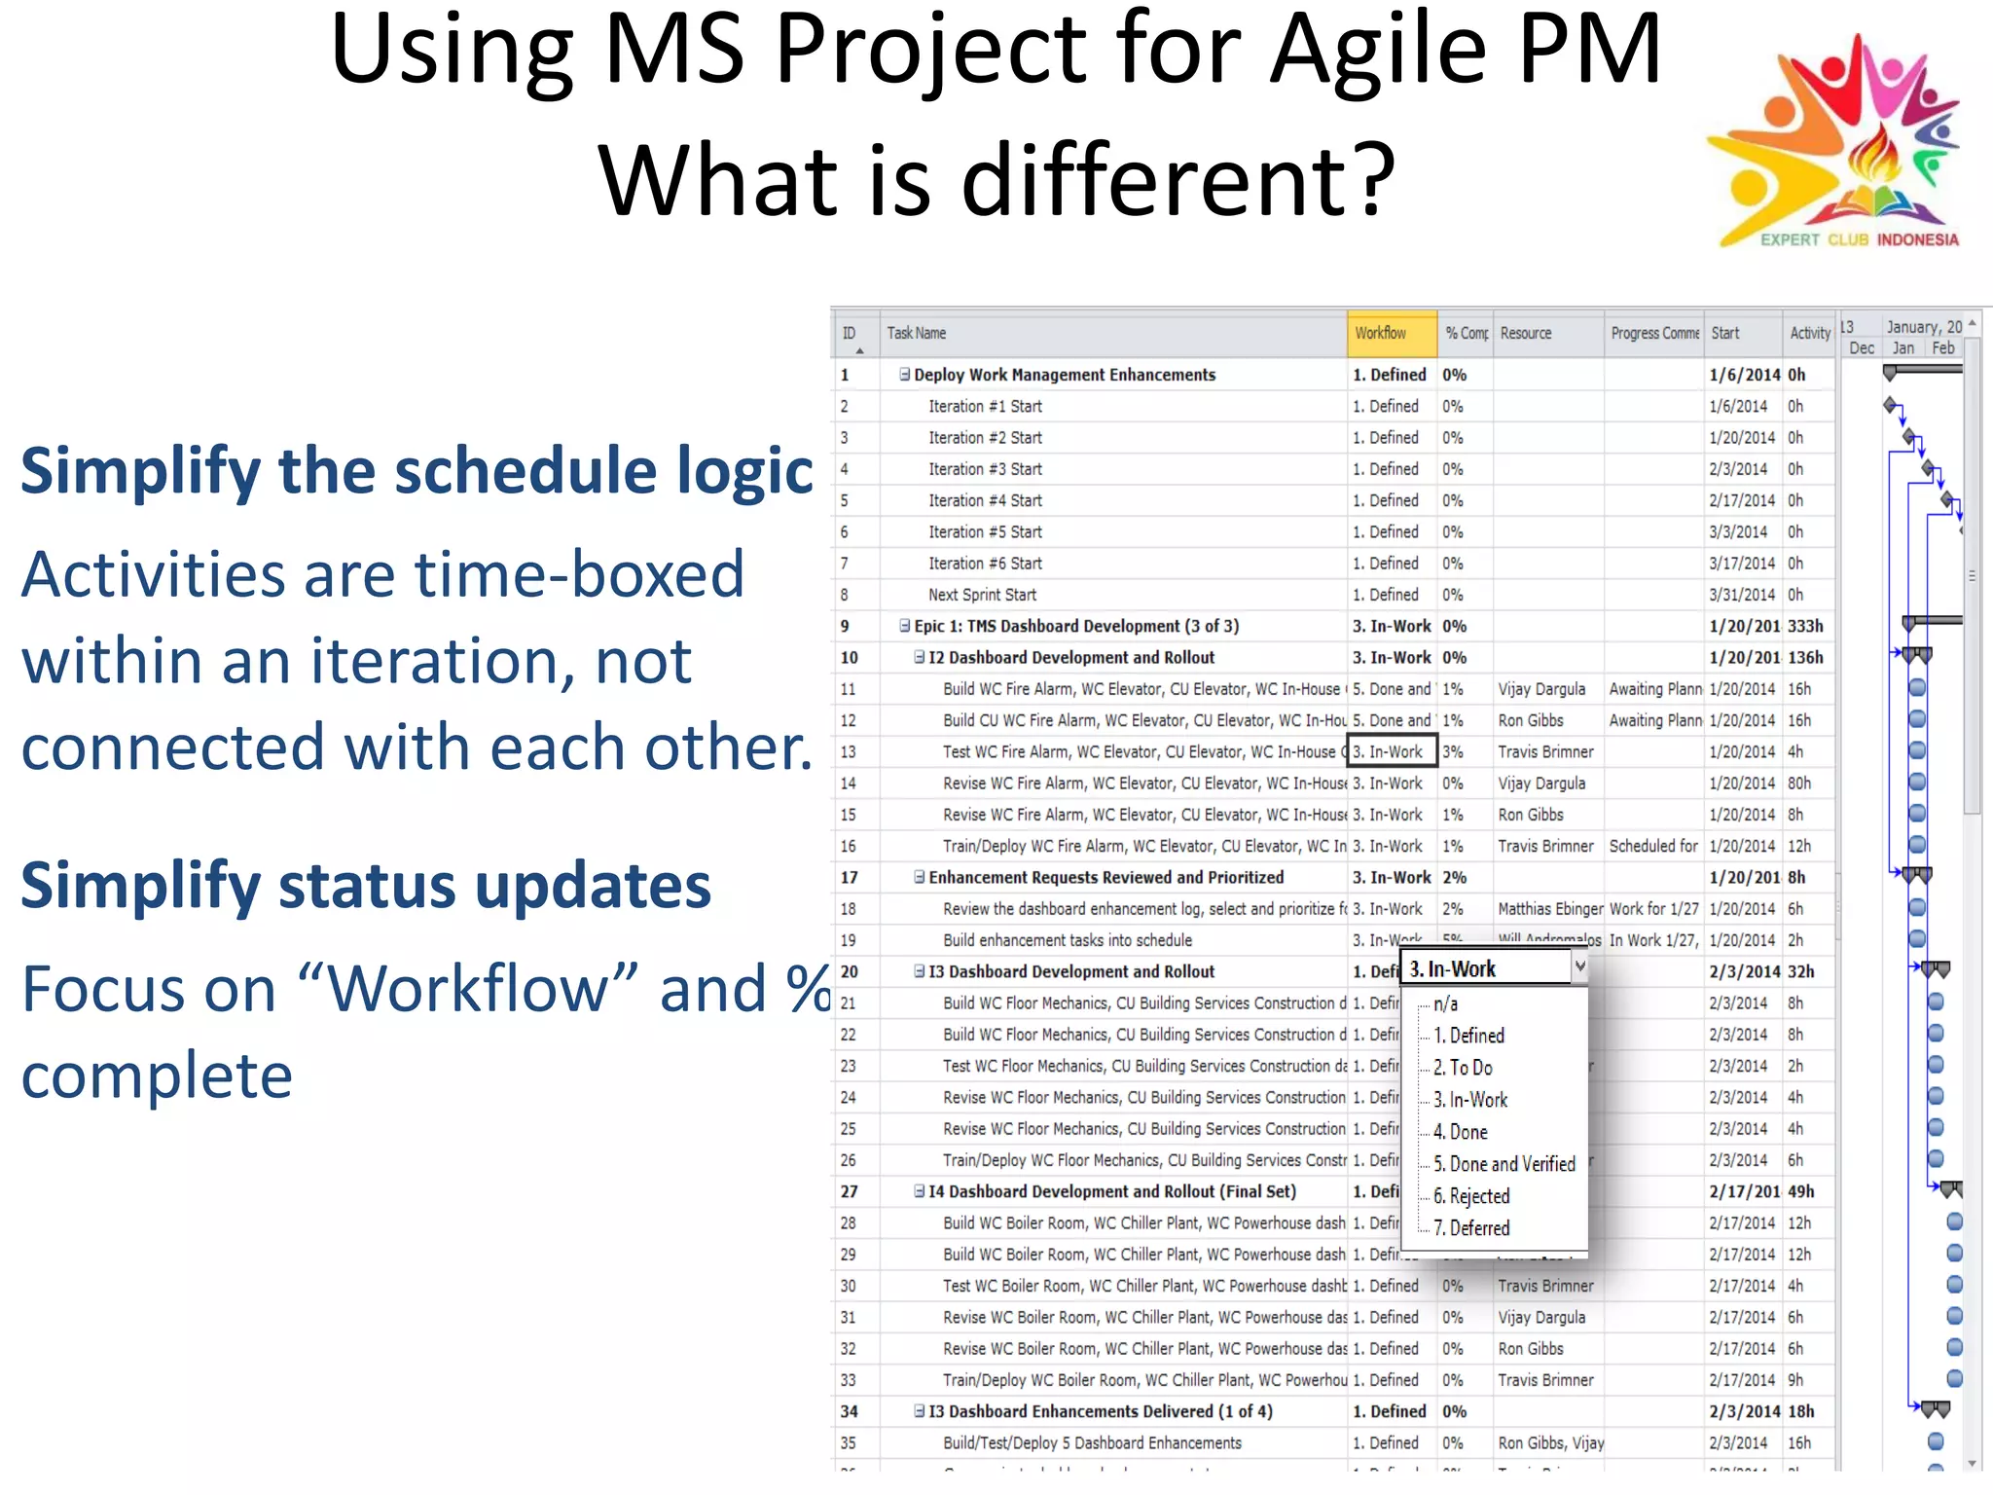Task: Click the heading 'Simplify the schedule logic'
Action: tap(417, 471)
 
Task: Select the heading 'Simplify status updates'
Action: tap(366, 886)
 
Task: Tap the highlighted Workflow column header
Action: tap(1391, 333)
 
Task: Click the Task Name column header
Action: tap(916, 333)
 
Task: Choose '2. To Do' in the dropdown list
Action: tap(1463, 1068)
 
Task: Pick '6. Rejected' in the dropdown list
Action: tap(1470, 1196)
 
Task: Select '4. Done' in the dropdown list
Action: tap(1460, 1132)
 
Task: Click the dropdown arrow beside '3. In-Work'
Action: tap(1579, 966)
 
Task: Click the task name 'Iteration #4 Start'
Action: tap(984, 500)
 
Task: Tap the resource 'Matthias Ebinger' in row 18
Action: tap(1549, 909)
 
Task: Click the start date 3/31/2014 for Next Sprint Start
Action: tap(1742, 595)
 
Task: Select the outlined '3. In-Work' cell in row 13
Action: tap(1391, 751)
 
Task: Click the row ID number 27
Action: tap(849, 1191)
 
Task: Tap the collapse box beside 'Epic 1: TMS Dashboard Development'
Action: tap(904, 626)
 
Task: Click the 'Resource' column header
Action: tap(1525, 333)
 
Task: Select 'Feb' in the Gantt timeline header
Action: tap(1942, 348)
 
